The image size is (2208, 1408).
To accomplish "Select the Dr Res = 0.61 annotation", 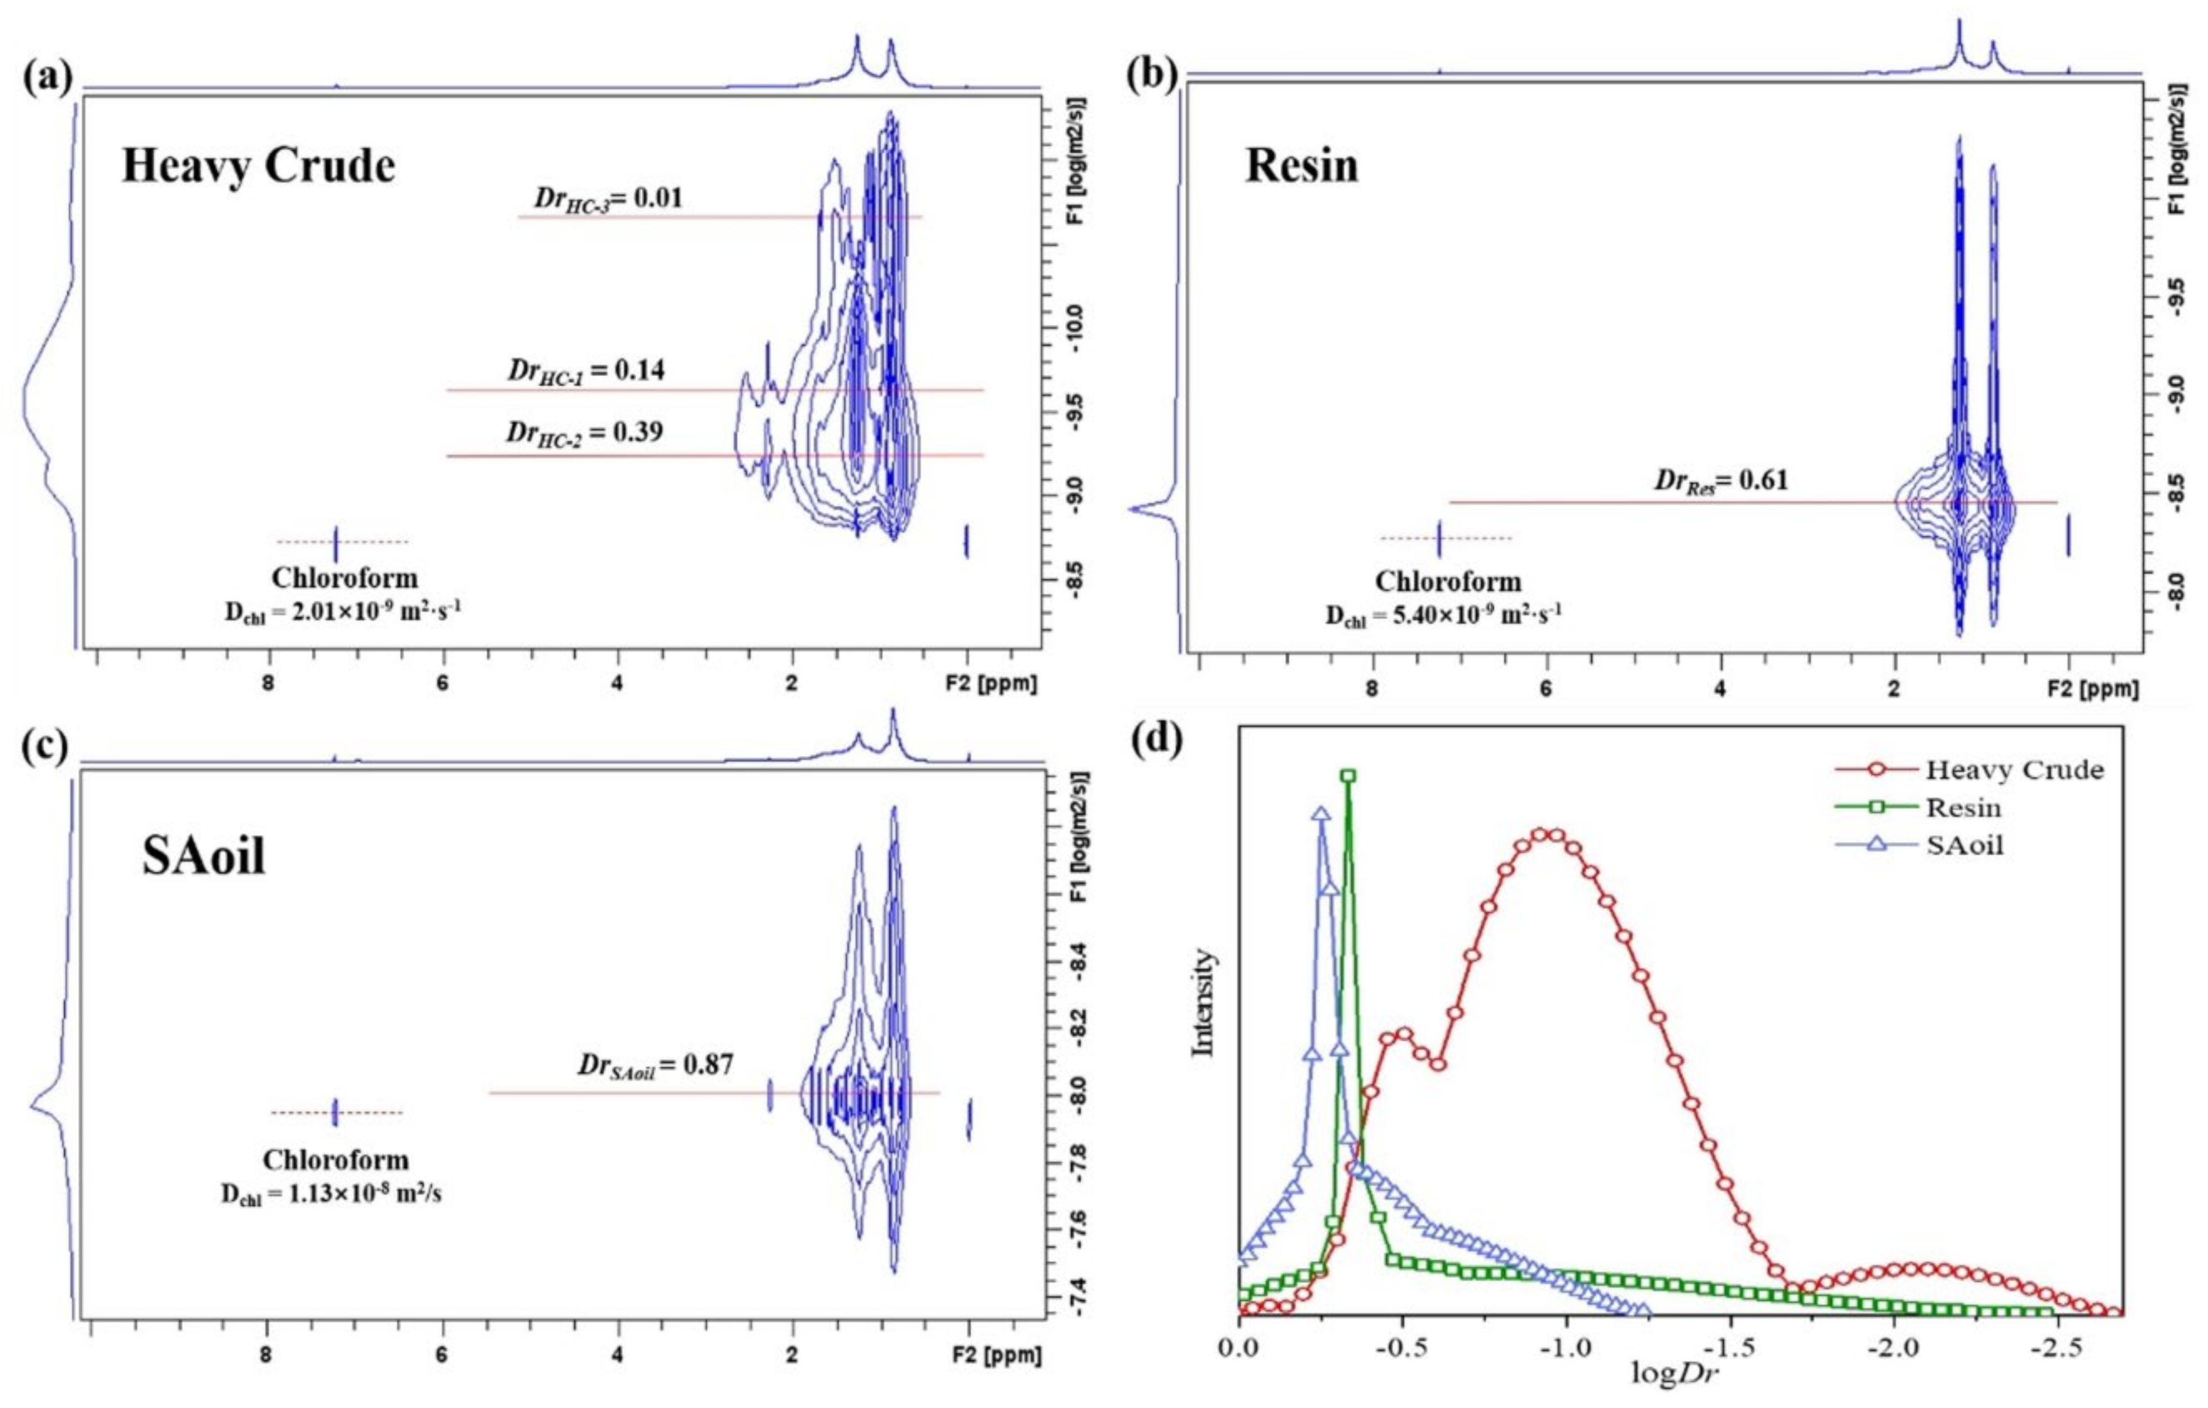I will point(1720,480).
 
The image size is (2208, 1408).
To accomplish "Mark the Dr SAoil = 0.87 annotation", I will point(655,1065).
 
